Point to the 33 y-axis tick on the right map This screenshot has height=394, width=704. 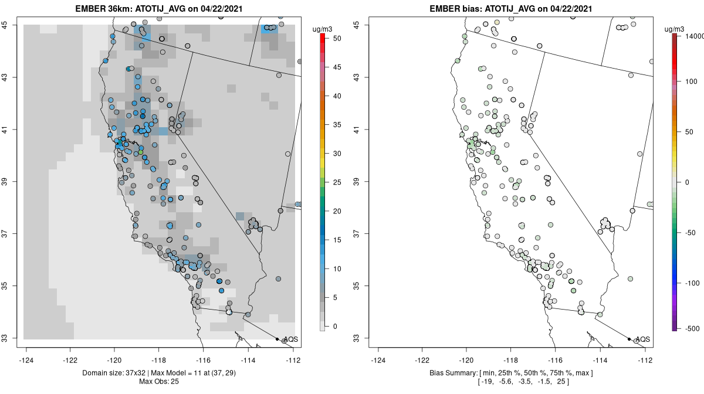[x=362, y=338]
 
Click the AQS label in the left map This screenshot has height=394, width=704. [x=290, y=339]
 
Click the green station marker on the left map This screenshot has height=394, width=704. [x=141, y=152]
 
